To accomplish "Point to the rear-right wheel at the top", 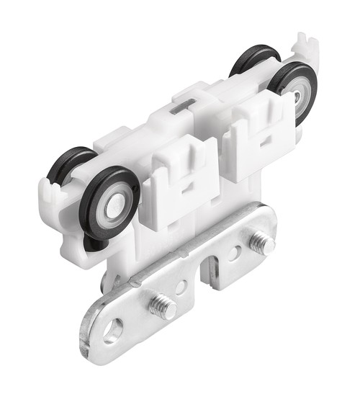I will [253, 59].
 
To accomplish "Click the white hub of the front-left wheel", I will [115, 207].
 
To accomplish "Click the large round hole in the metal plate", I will [112, 331].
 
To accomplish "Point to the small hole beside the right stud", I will [235, 254].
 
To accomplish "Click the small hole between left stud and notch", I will [181, 287].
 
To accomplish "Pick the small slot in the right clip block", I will [262, 140].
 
